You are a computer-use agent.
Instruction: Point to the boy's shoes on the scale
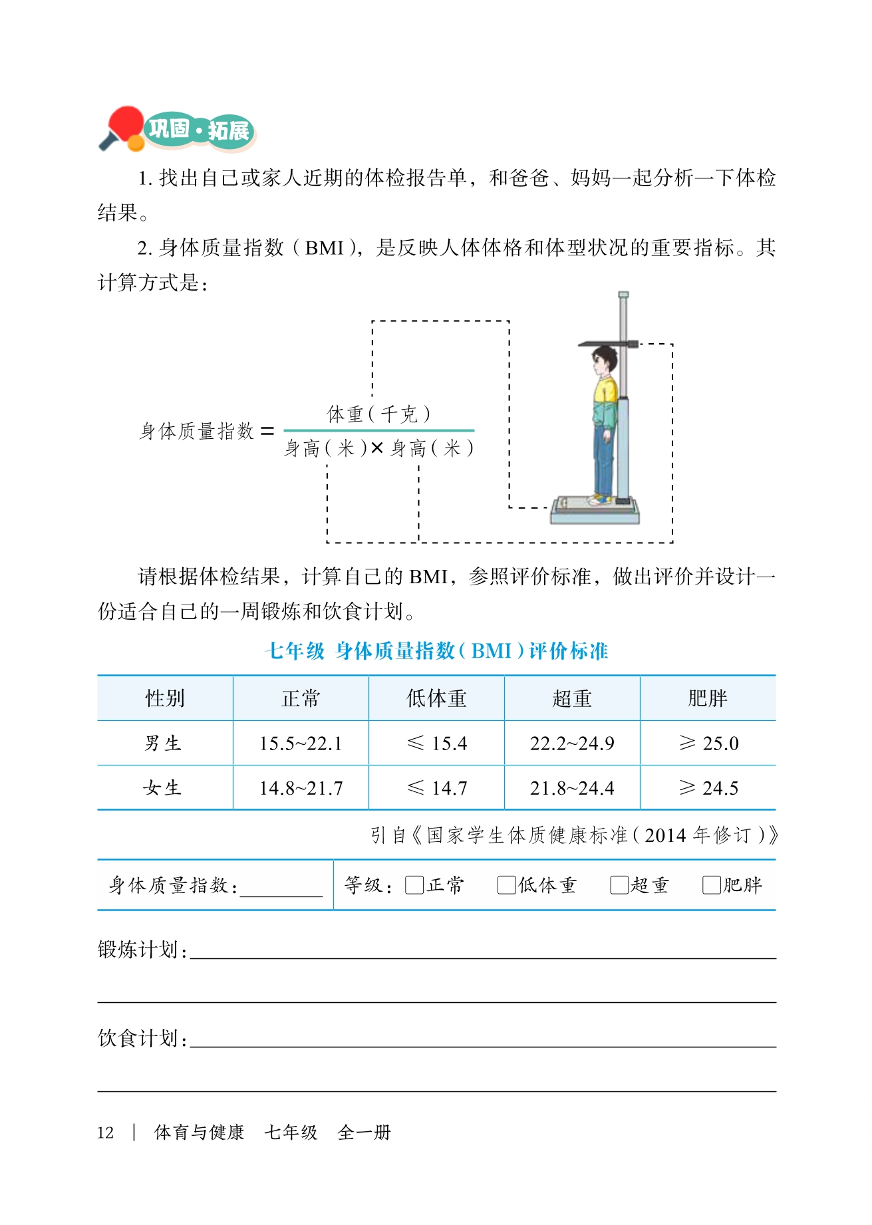(x=601, y=498)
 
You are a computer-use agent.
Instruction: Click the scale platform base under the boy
(x=594, y=512)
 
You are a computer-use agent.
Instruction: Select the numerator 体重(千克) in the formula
(x=378, y=414)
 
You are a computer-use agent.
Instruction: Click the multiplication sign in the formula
(x=377, y=449)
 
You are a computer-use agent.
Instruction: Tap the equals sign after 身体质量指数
(x=267, y=432)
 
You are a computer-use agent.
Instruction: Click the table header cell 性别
(x=165, y=698)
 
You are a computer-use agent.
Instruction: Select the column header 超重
(x=572, y=698)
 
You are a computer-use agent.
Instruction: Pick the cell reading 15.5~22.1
(x=301, y=744)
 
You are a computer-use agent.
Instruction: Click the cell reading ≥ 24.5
(x=708, y=788)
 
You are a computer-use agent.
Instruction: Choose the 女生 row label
(x=162, y=788)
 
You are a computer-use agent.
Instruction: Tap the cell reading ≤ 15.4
(x=436, y=744)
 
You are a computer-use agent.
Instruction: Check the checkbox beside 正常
(x=414, y=885)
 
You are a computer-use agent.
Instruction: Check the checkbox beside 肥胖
(x=711, y=885)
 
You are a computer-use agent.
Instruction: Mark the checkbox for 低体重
(x=506, y=885)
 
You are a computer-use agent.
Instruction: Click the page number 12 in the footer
(x=105, y=1133)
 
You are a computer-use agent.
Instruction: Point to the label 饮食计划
(x=141, y=1037)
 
